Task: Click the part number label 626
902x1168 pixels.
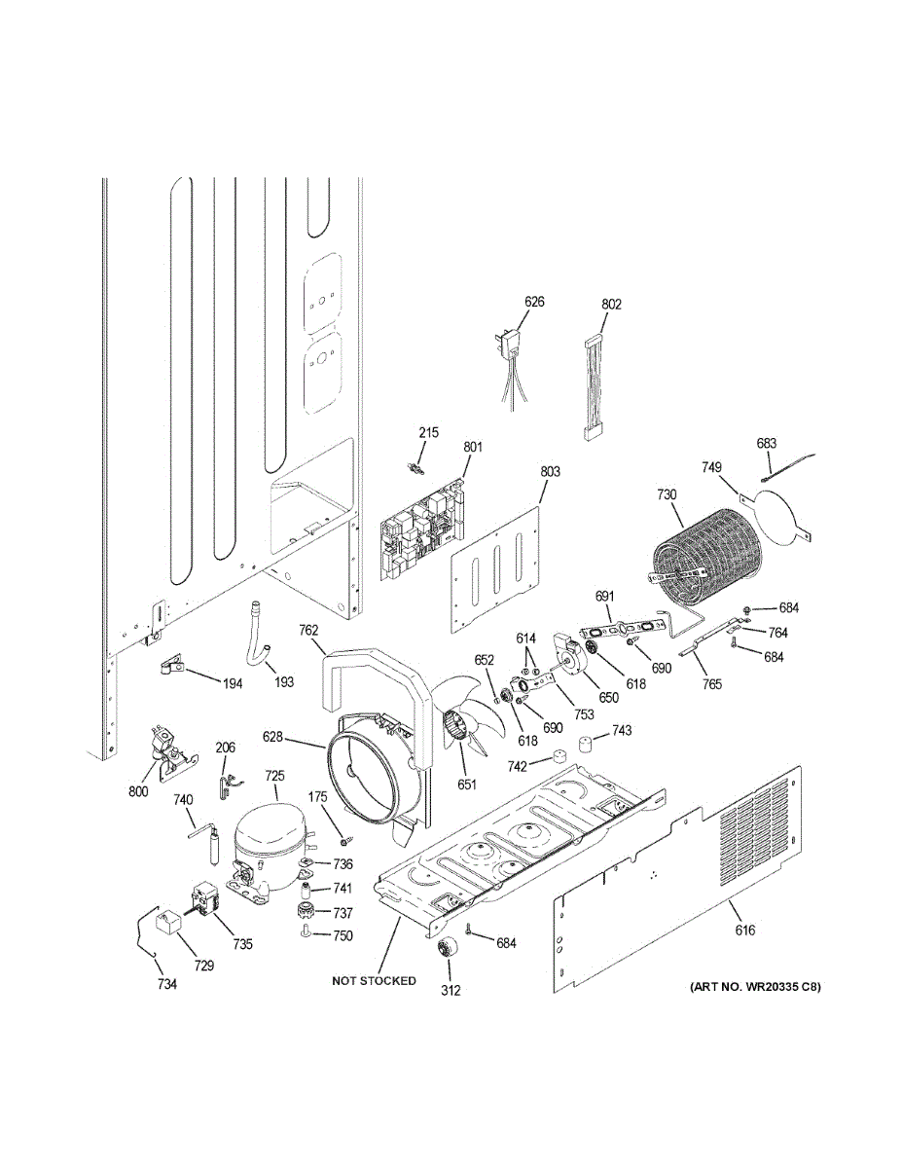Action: click(x=534, y=302)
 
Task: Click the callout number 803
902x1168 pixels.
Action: click(x=550, y=472)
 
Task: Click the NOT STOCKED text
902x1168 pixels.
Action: click(x=374, y=980)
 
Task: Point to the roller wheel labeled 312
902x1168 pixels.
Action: click(x=449, y=953)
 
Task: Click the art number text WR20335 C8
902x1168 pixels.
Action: click(x=755, y=987)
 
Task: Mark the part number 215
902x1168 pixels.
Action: click(x=429, y=432)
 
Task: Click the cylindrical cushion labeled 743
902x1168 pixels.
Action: click(x=586, y=745)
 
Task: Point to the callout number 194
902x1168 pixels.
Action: click(x=233, y=683)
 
